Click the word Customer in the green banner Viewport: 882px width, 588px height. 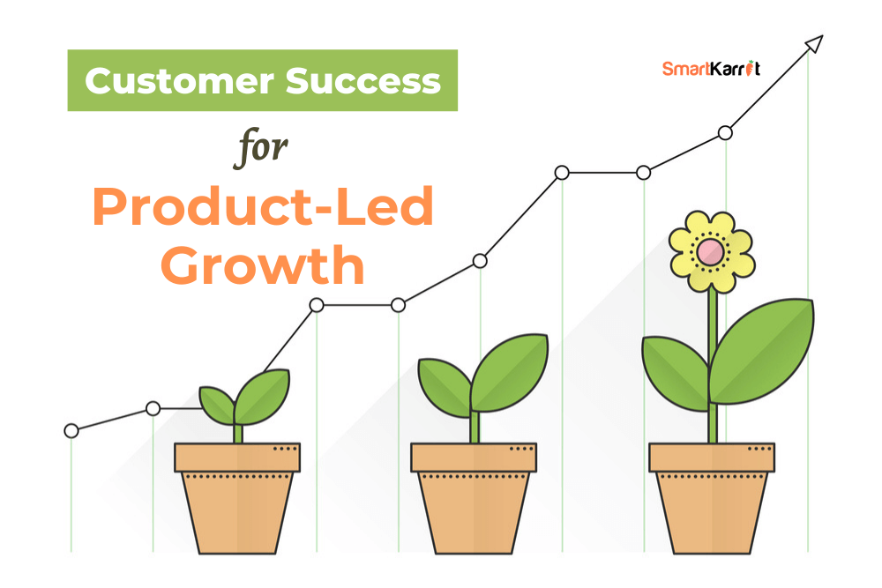click(x=180, y=81)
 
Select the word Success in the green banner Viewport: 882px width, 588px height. click(x=363, y=81)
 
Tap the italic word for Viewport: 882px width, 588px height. click(x=260, y=148)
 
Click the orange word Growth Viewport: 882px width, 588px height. click(x=263, y=264)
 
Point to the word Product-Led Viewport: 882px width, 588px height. click(x=263, y=206)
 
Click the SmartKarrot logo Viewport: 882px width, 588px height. click(x=711, y=68)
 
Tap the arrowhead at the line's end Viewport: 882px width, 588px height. click(x=815, y=43)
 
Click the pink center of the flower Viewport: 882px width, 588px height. click(x=710, y=252)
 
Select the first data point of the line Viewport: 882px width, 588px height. click(x=71, y=430)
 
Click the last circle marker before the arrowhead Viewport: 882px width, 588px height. click(x=725, y=133)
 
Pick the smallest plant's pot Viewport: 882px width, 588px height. click(x=237, y=498)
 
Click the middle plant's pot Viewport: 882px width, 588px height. click(x=474, y=498)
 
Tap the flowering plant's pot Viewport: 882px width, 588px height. click(x=712, y=498)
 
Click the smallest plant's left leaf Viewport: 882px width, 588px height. click(x=217, y=405)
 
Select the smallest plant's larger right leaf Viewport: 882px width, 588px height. click(x=262, y=396)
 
